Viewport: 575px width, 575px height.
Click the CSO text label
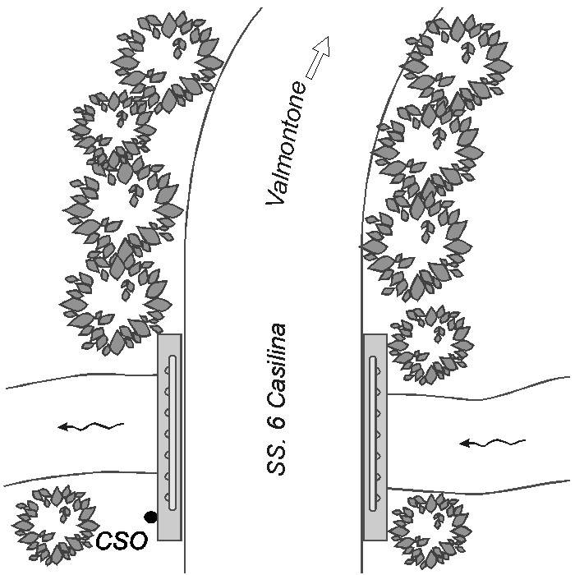click(122, 540)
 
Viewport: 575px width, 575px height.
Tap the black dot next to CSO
click(150, 517)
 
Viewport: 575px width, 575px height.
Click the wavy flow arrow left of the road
click(90, 426)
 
